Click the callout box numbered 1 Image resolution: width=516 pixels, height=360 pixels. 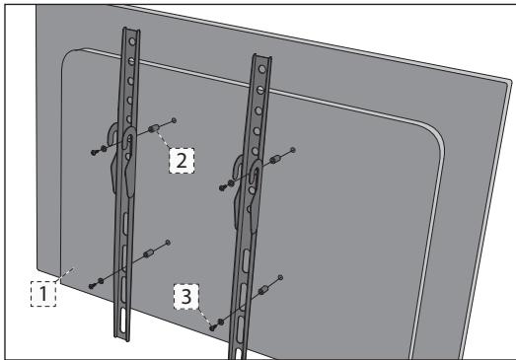click(x=43, y=294)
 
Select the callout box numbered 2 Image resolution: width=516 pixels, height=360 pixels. click(x=182, y=161)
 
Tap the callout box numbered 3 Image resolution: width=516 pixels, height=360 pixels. click(x=186, y=297)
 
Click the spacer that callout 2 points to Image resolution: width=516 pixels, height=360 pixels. click(x=154, y=128)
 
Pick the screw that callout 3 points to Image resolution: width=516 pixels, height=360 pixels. click(x=213, y=327)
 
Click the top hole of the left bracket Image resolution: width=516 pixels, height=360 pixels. click(x=132, y=41)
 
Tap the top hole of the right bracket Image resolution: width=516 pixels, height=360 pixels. click(x=262, y=69)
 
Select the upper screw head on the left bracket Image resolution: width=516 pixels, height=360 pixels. click(x=95, y=152)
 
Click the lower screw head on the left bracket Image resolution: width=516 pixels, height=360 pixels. click(x=92, y=286)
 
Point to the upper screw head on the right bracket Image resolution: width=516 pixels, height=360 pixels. click(x=223, y=187)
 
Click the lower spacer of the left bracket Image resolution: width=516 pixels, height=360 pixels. click(x=149, y=253)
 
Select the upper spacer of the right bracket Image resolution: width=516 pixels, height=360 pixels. click(x=274, y=160)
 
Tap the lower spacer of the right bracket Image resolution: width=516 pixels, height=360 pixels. click(x=263, y=290)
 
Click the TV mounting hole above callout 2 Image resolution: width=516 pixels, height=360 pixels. click(x=174, y=120)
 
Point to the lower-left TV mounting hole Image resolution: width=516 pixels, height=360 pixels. click(x=168, y=243)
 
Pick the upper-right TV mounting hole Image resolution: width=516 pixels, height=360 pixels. click(x=293, y=150)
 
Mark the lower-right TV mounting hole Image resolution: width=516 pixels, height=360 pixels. click(x=280, y=277)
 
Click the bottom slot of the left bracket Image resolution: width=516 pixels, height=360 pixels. click(x=123, y=320)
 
